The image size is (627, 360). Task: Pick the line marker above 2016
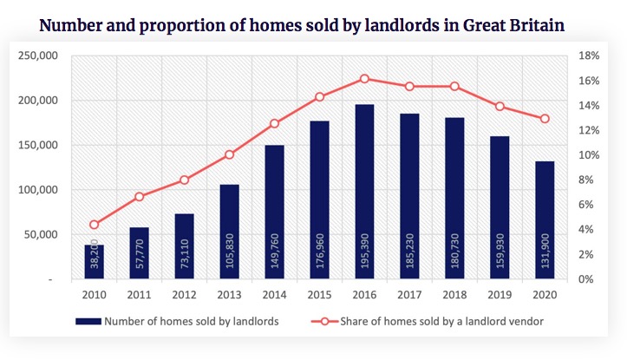point(364,79)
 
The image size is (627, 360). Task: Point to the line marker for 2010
point(95,225)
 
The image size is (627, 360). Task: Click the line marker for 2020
point(545,119)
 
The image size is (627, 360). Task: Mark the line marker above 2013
point(229,155)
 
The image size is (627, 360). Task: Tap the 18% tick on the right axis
point(588,56)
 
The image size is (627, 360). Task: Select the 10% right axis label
point(588,155)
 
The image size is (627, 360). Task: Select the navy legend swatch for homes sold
point(88,322)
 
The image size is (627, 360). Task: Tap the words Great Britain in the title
point(519,23)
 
